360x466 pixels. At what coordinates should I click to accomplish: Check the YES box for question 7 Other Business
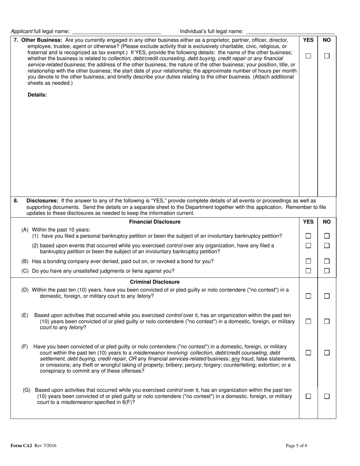click(x=308, y=56)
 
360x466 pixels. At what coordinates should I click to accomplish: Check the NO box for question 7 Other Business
click(x=327, y=56)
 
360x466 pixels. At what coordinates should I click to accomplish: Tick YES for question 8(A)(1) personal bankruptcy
click(x=308, y=236)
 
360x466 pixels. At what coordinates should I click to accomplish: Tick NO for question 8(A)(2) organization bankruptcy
click(x=327, y=246)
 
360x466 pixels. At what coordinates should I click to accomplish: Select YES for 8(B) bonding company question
click(x=308, y=261)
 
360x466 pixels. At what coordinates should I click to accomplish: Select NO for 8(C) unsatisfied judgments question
click(x=327, y=271)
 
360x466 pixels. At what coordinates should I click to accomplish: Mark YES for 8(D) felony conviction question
click(x=308, y=296)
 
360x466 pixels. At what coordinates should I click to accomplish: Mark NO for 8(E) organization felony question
click(x=327, y=321)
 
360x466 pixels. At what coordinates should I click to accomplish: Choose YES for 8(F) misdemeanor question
click(x=308, y=353)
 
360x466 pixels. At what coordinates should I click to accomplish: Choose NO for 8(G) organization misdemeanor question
click(x=327, y=396)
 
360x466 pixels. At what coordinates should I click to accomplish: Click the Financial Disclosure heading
click(x=155, y=222)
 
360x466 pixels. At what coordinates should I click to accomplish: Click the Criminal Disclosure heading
click(x=155, y=282)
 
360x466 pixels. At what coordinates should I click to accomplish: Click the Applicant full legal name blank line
click(x=116, y=32)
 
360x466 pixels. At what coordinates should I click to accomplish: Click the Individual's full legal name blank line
click(x=290, y=32)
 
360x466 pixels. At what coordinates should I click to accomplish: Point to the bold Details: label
click(x=37, y=95)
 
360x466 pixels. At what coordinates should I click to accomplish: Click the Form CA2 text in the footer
click(x=22, y=446)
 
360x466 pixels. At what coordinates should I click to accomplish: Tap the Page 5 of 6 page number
click(x=296, y=446)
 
